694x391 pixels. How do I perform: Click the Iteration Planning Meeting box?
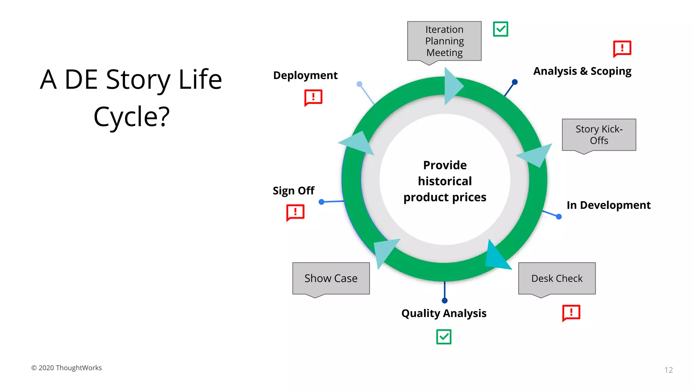pos(444,41)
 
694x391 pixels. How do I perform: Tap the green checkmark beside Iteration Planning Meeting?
pos(500,29)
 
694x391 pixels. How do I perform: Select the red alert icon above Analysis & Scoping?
pos(622,49)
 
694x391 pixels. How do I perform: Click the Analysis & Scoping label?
pos(582,71)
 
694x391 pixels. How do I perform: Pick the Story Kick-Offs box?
pos(599,135)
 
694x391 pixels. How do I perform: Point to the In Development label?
pos(608,205)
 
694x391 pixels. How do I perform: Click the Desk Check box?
pos(557,278)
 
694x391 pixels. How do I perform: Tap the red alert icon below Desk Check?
pos(571,313)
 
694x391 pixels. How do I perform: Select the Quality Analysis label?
pos(444,313)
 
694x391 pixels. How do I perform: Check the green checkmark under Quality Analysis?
pos(444,337)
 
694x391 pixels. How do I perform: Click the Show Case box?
pos(331,278)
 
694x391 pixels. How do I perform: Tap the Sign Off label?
pos(293,191)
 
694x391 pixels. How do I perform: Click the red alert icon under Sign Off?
pos(295,212)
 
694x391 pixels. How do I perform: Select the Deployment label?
pos(305,75)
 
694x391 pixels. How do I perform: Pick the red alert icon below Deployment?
pos(313,97)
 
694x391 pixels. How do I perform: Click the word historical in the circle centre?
pos(445,181)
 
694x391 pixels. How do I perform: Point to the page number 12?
pos(668,370)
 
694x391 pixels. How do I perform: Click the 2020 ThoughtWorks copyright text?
pos(66,368)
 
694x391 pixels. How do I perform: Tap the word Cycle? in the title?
pos(131,117)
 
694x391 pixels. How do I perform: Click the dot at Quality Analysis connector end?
pos(445,300)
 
